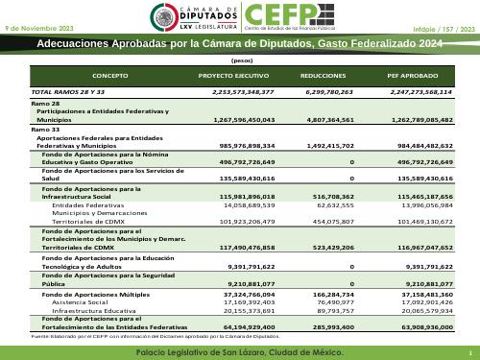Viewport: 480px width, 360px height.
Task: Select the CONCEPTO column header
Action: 110,74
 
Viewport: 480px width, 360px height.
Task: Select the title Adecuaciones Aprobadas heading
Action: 240,45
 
